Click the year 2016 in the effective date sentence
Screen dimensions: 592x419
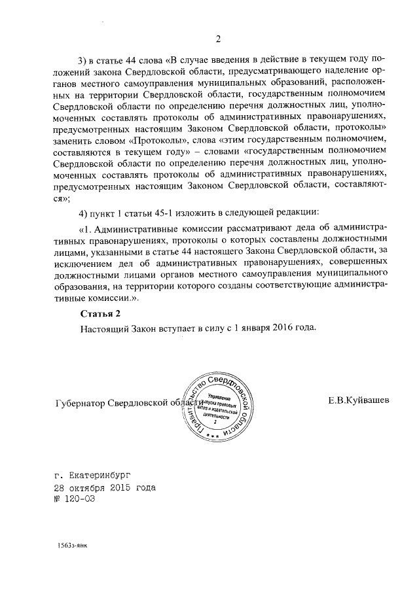tap(278, 328)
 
